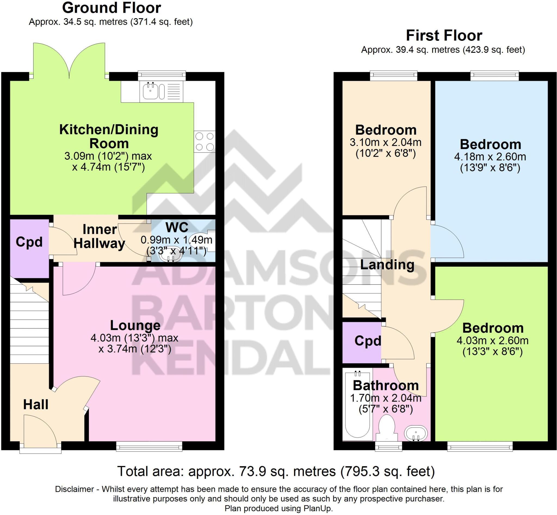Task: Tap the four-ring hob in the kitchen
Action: pos(205,141)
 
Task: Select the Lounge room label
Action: pos(135,325)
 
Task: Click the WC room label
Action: pos(177,227)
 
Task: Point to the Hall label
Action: pos(36,404)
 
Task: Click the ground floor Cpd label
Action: pos(29,242)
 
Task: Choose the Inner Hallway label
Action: pos(100,236)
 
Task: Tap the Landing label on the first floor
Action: pos(387,264)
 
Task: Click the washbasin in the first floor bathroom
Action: pos(416,434)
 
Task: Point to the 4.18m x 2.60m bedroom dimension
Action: pos(490,157)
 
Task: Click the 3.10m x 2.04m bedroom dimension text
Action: pos(386,142)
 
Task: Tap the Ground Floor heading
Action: pos(112,8)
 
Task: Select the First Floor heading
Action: pos(444,36)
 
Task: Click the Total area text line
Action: pos(276,471)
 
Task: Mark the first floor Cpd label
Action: pos(367,341)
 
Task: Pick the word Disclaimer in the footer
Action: pos(75,489)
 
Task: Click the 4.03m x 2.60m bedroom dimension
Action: pos(492,340)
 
